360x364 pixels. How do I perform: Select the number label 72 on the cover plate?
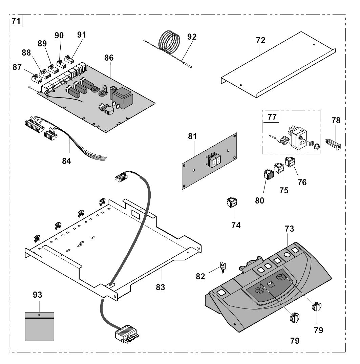click(260, 40)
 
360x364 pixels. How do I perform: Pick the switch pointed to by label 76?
click(290, 162)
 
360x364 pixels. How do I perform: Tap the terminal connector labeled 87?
click(37, 79)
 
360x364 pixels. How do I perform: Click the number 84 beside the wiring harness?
click(66, 161)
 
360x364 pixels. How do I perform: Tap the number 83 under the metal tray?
click(160, 287)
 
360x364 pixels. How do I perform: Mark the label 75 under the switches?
click(284, 191)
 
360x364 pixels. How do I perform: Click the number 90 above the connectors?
click(59, 36)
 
